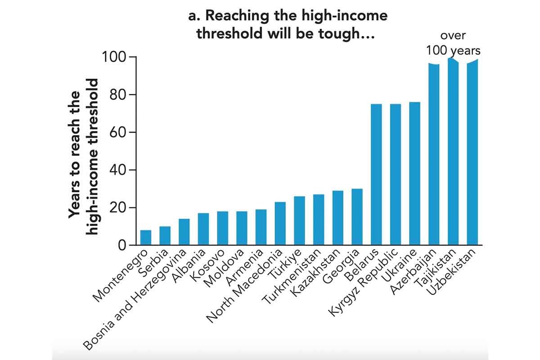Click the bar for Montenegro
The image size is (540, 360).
(x=145, y=238)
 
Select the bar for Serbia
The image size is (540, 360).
(x=165, y=236)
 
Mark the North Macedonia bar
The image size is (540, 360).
(x=280, y=224)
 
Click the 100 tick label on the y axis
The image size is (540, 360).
(x=113, y=57)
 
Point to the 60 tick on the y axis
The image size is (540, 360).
(x=115, y=132)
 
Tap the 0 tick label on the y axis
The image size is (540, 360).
(x=120, y=245)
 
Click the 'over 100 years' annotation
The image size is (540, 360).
(x=453, y=43)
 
